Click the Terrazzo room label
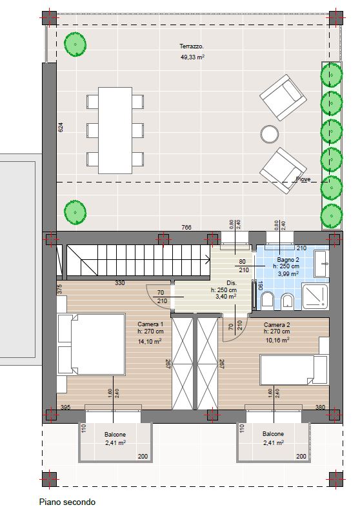pyautogui.click(x=192, y=46)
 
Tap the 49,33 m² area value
pyautogui.click(x=192, y=57)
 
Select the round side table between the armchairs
pyautogui.click(x=270, y=133)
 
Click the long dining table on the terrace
pyautogui.click(x=115, y=130)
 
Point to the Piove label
pyautogui.click(x=303, y=179)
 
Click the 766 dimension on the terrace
pyautogui.click(x=186, y=227)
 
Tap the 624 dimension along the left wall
pyautogui.click(x=61, y=127)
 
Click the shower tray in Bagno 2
pyautogui.click(x=315, y=297)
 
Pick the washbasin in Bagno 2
pyautogui.click(x=321, y=264)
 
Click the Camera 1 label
pyautogui.click(x=150, y=324)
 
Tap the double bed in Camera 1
pyautogui.click(x=91, y=344)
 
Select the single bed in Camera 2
pyautogui.click(x=294, y=370)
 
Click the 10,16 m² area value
pyautogui.click(x=277, y=341)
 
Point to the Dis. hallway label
pyautogui.click(x=232, y=283)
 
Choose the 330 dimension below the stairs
pyautogui.click(x=119, y=283)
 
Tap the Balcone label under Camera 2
pyautogui.click(x=273, y=433)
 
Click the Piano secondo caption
pyautogui.click(x=67, y=502)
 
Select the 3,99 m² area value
pyautogui.click(x=288, y=273)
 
